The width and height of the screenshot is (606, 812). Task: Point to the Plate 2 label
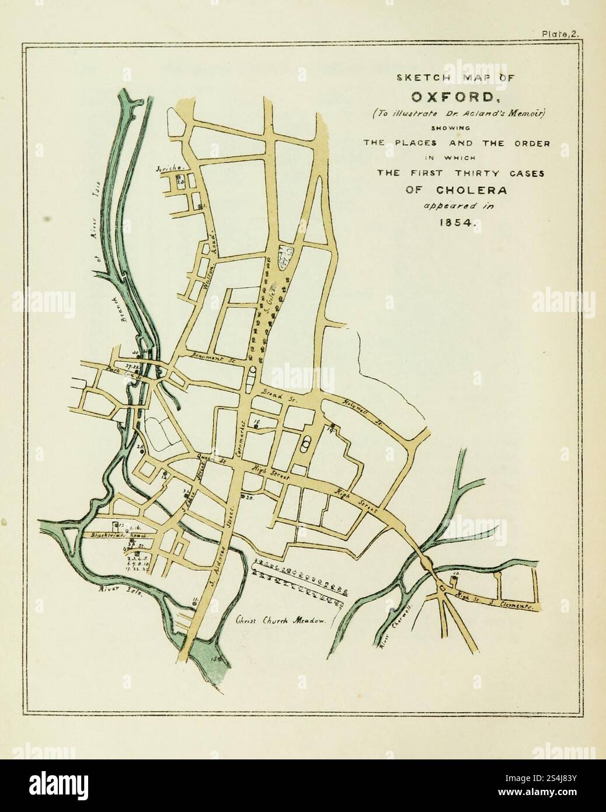[559, 34]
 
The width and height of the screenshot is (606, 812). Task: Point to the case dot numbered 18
[256, 427]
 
